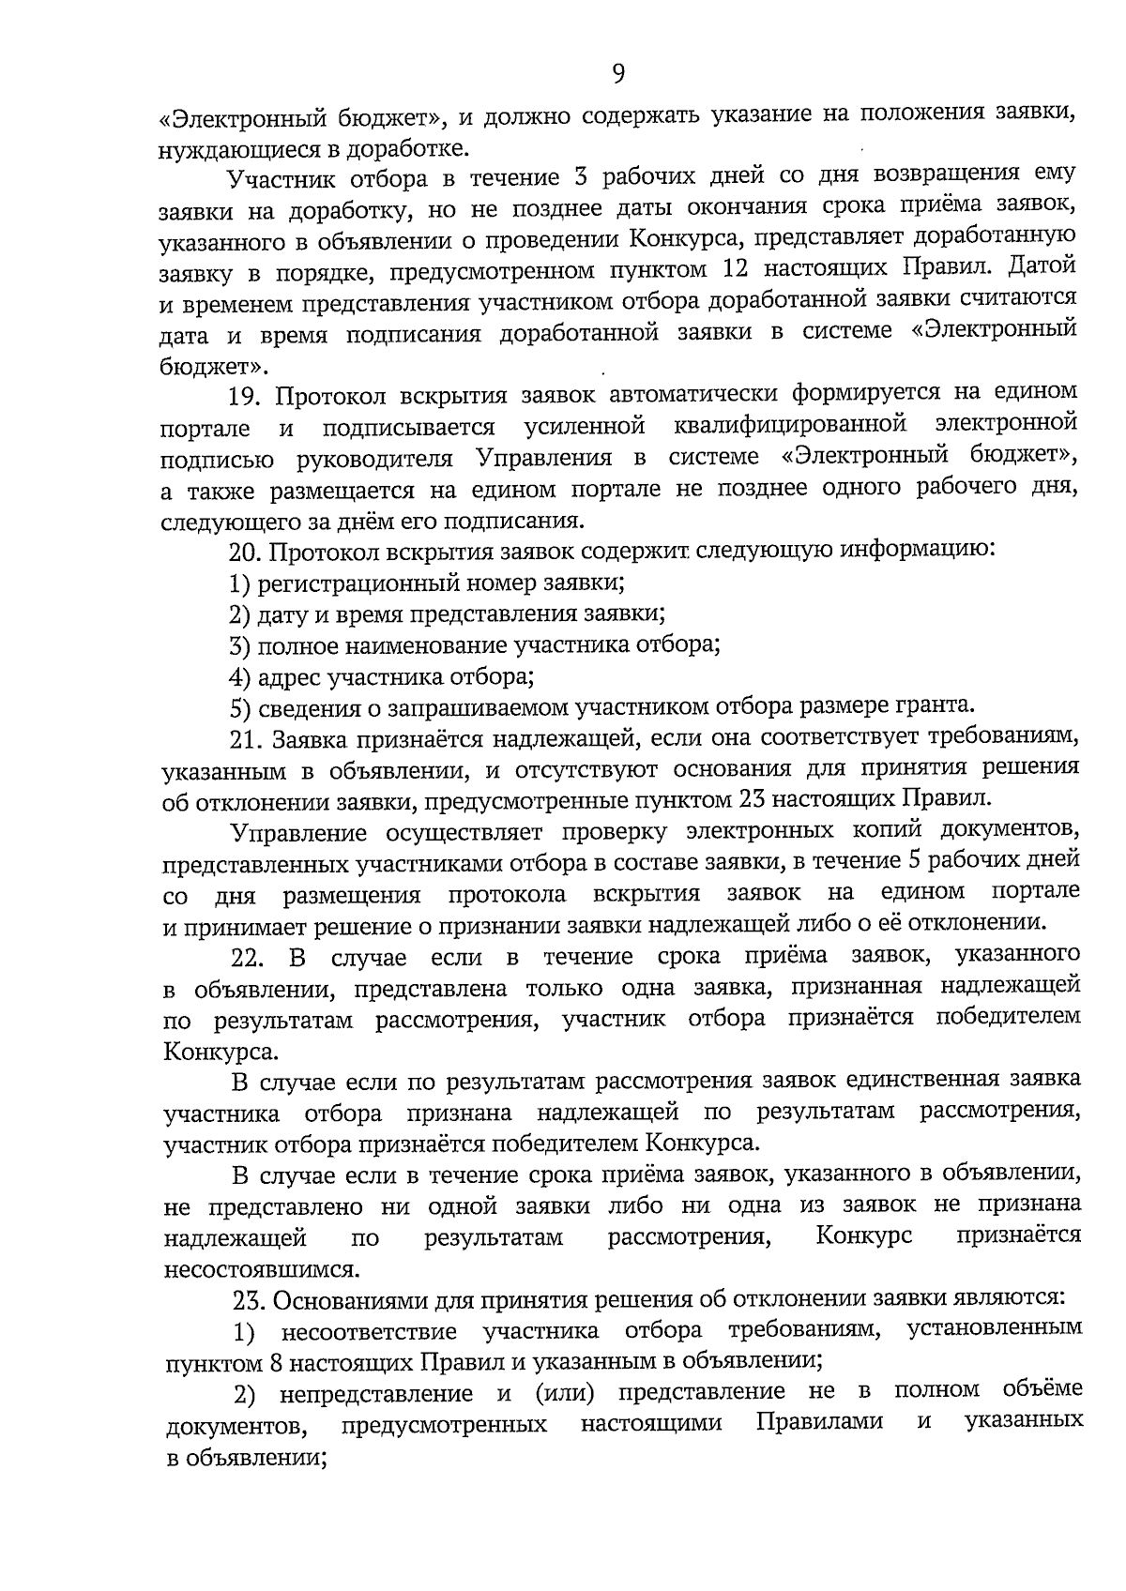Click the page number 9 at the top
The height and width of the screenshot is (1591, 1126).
[618, 73]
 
